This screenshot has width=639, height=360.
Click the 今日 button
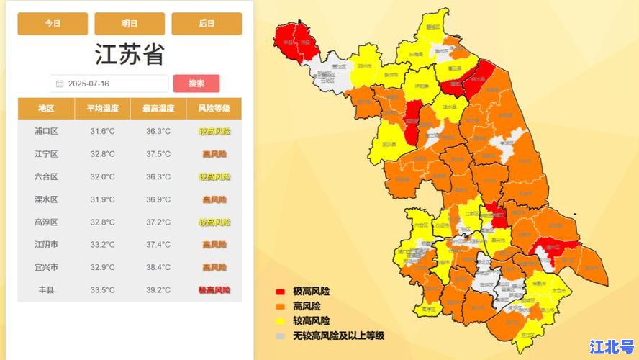point(53,24)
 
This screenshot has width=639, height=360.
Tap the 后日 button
point(207,24)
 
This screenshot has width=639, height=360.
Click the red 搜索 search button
point(196,84)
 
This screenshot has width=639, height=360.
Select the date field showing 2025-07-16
point(109,84)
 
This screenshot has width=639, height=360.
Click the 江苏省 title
point(130,55)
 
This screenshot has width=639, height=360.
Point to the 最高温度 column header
point(158,109)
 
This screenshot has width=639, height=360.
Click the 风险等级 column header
point(214,109)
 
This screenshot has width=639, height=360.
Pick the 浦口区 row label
point(46,131)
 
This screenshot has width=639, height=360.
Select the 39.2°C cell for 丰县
point(158,290)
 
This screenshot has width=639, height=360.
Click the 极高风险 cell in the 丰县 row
point(214,290)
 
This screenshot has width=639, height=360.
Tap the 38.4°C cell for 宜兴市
point(158,267)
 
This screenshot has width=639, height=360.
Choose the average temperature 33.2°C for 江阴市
point(102,245)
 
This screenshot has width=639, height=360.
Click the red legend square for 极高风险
point(281,292)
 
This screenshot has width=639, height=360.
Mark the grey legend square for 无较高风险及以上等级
point(281,336)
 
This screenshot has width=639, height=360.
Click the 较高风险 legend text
point(311,320)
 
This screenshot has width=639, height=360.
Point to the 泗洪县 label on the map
point(391,144)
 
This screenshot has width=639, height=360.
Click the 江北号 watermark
point(611,346)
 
